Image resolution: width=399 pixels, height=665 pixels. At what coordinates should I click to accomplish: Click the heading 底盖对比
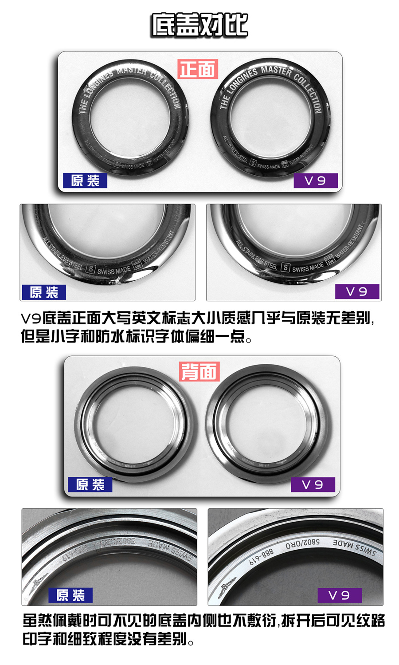[199, 25]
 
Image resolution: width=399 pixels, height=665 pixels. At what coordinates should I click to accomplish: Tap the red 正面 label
[198, 69]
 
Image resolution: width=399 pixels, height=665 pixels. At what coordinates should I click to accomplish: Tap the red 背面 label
[199, 371]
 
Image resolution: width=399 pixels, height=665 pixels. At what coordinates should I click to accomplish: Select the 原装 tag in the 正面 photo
[85, 181]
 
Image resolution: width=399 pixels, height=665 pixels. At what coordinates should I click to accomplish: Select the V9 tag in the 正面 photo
[315, 181]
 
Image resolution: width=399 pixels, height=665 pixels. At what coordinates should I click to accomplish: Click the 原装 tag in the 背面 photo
[90, 484]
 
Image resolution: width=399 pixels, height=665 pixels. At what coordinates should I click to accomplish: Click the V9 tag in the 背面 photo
[313, 484]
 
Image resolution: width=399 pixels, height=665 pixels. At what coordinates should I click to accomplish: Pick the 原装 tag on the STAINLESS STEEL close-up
[44, 292]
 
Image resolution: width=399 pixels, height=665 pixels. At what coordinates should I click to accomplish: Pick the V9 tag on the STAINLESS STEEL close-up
[356, 291]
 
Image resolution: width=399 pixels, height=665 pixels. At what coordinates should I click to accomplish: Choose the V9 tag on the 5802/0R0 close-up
[339, 595]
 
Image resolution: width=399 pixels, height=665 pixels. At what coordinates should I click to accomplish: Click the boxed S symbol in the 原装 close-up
[90, 269]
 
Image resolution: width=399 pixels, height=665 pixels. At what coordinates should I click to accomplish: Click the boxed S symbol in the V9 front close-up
[286, 268]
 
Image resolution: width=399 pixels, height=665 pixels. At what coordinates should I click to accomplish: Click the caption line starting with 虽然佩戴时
[203, 620]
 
